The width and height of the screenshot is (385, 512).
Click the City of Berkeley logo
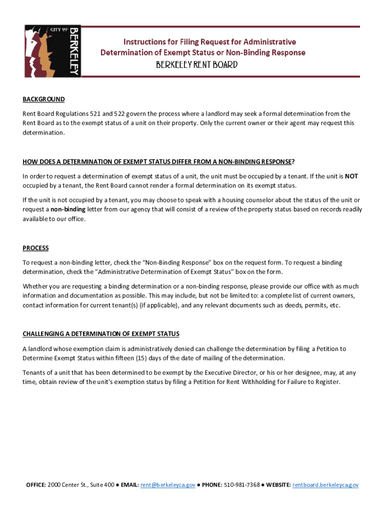pyautogui.click(x=52, y=51)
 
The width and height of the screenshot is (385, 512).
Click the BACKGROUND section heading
pyautogui.click(x=43, y=99)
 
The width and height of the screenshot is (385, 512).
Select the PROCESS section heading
pyautogui.click(x=35, y=248)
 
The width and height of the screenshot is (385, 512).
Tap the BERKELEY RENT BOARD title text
pyautogui.click(x=196, y=65)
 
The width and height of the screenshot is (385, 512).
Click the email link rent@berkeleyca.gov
pyautogui.click(x=167, y=485)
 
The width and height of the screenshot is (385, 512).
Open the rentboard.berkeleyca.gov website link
pyautogui.click(x=325, y=485)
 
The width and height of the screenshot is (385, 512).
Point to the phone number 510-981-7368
pyautogui.click(x=242, y=485)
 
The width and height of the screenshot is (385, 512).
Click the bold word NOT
pyautogui.click(x=351, y=176)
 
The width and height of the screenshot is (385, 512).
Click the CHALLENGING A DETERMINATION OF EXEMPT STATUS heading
pyautogui.click(x=101, y=334)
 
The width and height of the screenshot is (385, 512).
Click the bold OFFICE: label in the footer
pyautogui.click(x=36, y=485)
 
